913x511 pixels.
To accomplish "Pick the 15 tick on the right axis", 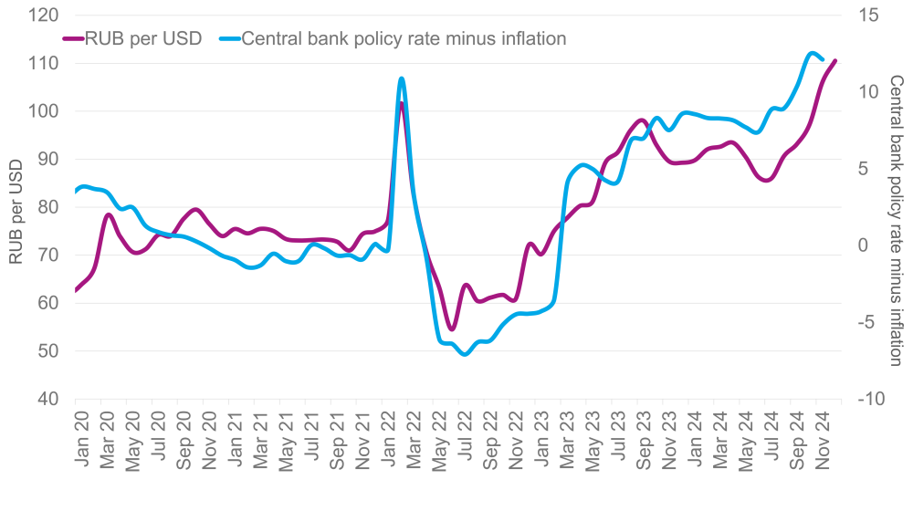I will pos(866,16).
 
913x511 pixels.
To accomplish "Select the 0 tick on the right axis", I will pos(861,245).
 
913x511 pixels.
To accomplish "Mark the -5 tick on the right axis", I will pos(865,322).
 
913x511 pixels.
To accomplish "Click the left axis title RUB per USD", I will pos(16,210).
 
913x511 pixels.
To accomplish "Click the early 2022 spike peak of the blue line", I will pos(401,78).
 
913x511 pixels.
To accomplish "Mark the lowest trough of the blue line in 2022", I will pos(465,354).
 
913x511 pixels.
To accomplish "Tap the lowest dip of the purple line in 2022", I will pos(451,329).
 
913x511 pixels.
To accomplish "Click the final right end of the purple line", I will pos(835,61).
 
